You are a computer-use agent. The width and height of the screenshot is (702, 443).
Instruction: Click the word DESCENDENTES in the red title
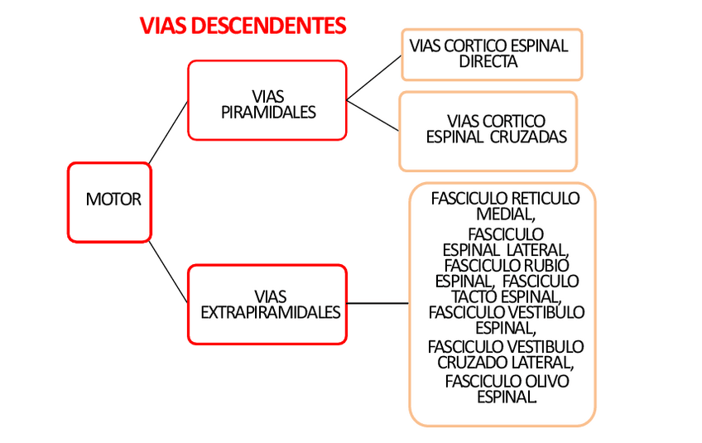pos(269,26)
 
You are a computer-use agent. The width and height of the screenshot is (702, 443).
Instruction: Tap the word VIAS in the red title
pos(163,26)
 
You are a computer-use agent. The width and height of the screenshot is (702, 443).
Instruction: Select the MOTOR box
pos(109,201)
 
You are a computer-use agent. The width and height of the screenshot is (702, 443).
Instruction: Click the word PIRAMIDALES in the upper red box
pos(268,113)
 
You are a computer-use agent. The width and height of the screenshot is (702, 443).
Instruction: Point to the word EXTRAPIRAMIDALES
pos(271,313)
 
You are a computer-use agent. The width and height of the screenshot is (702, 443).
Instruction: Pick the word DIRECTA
pos(488,61)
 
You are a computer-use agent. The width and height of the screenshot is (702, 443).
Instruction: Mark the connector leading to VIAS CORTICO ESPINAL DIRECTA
pos(373,77)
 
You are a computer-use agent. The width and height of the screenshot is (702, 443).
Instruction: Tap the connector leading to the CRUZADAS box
pos(373,115)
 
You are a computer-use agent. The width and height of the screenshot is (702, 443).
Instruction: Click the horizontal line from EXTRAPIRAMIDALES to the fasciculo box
pos(377,304)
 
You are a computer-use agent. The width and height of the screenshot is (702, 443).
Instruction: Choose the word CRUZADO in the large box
pos(471,362)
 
